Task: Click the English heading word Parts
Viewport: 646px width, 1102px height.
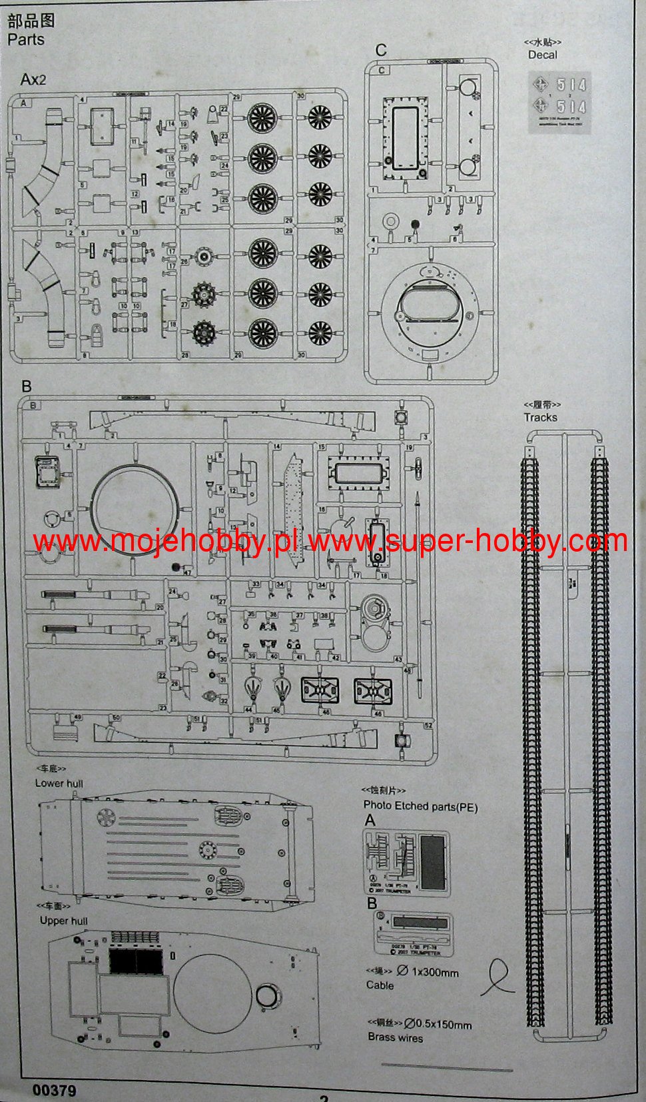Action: click(x=26, y=39)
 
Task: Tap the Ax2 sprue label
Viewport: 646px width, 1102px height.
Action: click(x=33, y=80)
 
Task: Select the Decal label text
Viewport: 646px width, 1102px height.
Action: click(x=542, y=55)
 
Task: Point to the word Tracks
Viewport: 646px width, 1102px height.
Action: click(x=540, y=417)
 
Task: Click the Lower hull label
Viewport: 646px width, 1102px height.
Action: click(x=59, y=784)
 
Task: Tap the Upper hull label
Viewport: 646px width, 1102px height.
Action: click(x=63, y=920)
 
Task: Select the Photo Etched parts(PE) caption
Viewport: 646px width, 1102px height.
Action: click(x=420, y=806)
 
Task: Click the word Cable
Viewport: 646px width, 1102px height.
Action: click(x=380, y=985)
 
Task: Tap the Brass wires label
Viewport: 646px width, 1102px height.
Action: click(x=395, y=1037)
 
